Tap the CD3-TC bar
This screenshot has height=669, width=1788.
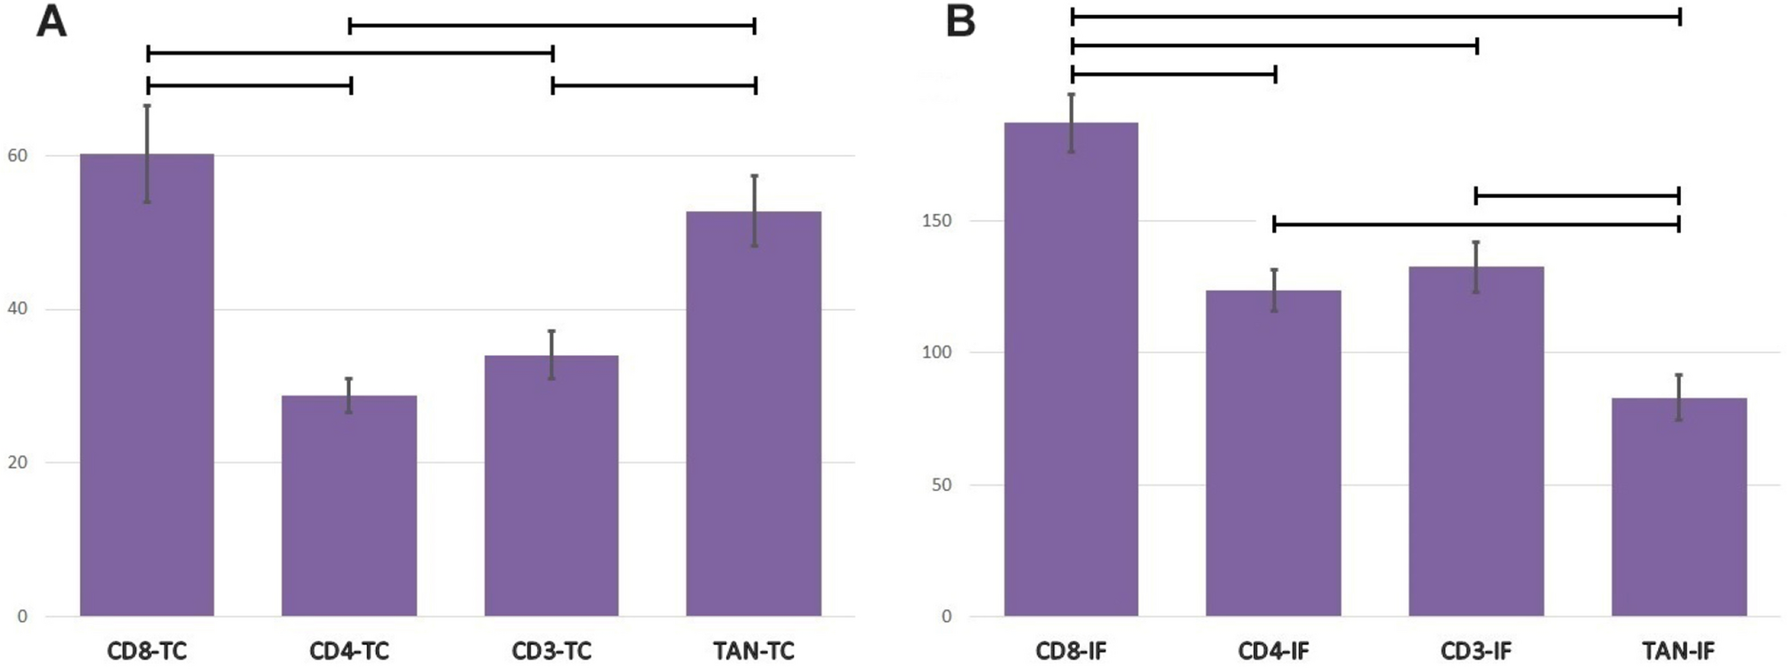click(x=551, y=485)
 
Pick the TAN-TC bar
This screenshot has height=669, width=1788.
click(x=754, y=413)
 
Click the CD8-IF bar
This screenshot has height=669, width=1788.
click(x=1071, y=369)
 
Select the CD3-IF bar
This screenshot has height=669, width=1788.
click(x=1475, y=441)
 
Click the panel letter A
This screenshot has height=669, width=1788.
click(x=51, y=21)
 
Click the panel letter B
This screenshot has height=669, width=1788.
click(x=960, y=21)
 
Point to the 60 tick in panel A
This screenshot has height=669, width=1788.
click(x=18, y=156)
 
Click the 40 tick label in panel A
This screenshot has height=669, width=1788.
click(x=18, y=309)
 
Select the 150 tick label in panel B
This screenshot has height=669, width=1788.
click(x=936, y=221)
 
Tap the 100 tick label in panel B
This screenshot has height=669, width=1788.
click(x=936, y=353)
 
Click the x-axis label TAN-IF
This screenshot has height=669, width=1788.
click(x=1678, y=651)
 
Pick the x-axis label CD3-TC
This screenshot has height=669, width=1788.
click(x=551, y=651)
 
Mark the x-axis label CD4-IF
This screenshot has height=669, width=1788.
click(x=1273, y=651)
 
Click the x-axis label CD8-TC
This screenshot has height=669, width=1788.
click(x=147, y=651)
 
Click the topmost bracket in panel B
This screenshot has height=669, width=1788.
click(x=1376, y=16)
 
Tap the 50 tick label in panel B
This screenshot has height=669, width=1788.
click(x=941, y=485)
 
